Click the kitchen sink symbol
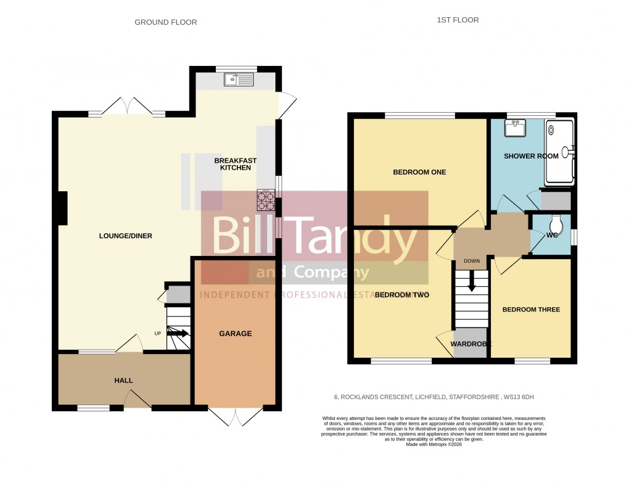(239, 79)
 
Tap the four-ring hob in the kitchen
(266, 199)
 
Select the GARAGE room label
(236, 334)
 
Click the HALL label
(123, 381)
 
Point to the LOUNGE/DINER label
(126, 236)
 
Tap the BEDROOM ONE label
(419, 172)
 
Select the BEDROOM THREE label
(531, 310)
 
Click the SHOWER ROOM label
(531, 156)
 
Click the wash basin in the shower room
(513, 128)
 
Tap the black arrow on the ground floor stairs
(178, 334)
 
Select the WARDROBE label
(471, 344)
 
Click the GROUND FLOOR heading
(166, 22)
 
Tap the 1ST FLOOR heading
(458, 20)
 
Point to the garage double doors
(236, 416)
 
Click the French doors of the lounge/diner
(127, 105)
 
